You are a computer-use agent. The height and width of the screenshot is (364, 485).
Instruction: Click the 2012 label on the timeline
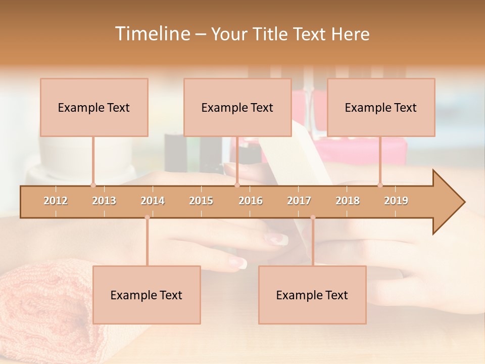tap(56, 201)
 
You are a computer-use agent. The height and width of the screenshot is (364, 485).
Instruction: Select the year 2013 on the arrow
tap(104, 201)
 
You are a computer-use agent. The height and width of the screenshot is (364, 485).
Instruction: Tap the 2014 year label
tap(153, 201)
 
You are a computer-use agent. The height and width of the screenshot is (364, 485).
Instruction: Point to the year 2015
tap(201, 201)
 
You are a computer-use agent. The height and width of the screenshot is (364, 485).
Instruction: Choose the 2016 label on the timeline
tap(251, 201)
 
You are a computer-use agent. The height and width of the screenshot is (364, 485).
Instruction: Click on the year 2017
tap(299, 201)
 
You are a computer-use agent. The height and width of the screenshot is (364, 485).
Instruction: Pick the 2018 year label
tap(348, 201)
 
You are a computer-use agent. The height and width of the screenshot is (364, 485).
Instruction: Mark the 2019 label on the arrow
tap(396, 201)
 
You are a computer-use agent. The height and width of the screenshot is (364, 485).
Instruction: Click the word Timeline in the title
tap(152, 34)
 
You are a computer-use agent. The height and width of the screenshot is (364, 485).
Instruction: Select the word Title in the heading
tap(271, 34)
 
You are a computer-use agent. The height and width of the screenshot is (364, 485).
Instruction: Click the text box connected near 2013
tap(94, 107)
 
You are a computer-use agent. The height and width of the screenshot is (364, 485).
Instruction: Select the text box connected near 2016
tap(237, 107)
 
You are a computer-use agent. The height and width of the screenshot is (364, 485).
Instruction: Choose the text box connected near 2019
tap(381, 107)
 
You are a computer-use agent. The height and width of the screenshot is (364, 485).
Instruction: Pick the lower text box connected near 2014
tap(147, 295)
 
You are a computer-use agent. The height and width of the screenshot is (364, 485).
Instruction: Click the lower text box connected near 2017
tap(312, 295)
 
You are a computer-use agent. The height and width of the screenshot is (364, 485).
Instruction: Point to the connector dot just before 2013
tap(93, 185)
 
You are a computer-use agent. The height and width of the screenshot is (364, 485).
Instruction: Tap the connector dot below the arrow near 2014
tap(147, 217)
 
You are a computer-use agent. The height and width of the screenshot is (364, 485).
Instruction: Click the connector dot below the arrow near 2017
tap(313, 217)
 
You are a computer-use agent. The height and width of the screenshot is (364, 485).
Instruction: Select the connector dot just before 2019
tap(380, 185)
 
